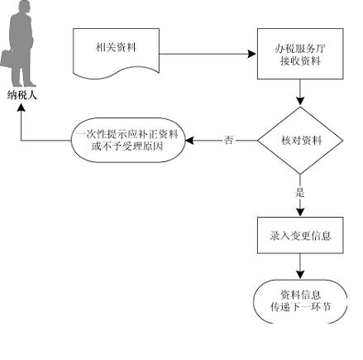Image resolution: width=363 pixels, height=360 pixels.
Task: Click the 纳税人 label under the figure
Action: pos(21,95)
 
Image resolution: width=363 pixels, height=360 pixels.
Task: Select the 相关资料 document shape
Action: pos(116,53)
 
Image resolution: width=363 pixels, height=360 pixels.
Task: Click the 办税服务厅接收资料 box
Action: pos(300,54)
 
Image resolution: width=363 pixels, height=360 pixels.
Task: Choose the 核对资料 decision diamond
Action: pos(300,141)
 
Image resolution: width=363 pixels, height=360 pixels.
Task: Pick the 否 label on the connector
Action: pos(228,140)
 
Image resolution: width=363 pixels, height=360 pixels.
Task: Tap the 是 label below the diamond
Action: pos(300,192)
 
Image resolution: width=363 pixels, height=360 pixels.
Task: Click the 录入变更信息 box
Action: pos(300,235)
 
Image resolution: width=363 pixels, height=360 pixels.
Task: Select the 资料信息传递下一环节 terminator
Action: pos(300,301)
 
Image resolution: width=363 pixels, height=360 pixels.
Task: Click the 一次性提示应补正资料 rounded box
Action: pos(128,140)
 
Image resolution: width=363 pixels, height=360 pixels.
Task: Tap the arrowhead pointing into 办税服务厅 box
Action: pos(252,54)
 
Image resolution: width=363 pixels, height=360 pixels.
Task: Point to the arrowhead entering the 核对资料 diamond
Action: pos(300,102)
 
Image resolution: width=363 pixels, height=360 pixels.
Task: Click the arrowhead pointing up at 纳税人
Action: pos(21,108)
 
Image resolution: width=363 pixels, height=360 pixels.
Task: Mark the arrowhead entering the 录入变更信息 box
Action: pos(300,212)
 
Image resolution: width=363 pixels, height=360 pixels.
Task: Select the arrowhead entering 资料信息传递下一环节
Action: pos(300,275)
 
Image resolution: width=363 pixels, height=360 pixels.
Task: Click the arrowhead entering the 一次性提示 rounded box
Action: pos(190,141)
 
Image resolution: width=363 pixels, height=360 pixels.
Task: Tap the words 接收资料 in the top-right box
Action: pos(300,60)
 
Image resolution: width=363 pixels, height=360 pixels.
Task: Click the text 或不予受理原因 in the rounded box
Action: pos(127,146)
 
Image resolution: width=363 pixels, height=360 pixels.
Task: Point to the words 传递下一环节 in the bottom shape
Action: pos(300,307)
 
